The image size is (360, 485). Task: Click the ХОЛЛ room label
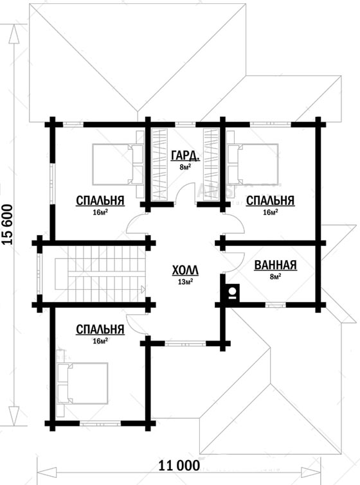click(x=185, y=270)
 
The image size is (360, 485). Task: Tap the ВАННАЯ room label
click(x=275, y=265)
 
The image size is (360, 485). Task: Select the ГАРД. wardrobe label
click(x=185, y=156)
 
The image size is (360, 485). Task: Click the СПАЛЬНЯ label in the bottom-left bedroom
click(x=100, y=330)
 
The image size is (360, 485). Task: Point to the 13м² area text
click(x=185, y=281)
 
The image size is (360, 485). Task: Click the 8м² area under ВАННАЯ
click(x=275, y=276)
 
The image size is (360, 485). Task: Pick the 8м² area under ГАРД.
click(x=184, y=167)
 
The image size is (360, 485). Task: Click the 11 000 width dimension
click(x=179, y=465)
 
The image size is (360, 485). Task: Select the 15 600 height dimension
click(x=8, y=225)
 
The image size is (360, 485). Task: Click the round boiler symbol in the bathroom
click(x=232, y=291)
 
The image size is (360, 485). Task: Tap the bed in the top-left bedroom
click(x=118, y=164)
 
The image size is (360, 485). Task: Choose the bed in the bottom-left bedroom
click(x=82, y=384)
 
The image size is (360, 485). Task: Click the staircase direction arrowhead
click(x=143, y=290)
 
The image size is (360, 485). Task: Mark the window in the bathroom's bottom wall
click(x=276, y=305)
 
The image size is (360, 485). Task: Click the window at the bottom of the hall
click(x=185, y=343)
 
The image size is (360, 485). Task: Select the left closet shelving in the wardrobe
click(x=160, y=164)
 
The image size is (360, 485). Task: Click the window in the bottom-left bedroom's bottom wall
click(x=100, y=424)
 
